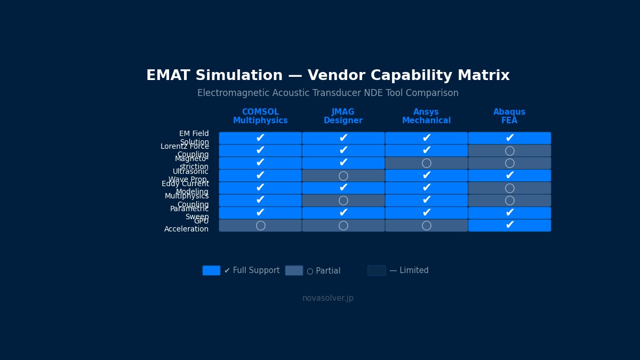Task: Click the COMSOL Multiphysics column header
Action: point(260,116)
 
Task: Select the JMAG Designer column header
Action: point(343,116)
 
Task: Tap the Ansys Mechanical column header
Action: point(426,116)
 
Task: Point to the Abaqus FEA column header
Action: point(509,116)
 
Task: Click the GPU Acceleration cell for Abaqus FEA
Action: point(509,226)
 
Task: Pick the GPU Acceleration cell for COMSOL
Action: point(260,226)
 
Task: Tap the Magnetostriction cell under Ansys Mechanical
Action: point(426,163)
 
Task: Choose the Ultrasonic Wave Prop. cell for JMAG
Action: point(343,175)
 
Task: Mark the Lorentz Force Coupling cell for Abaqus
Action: point(509,151)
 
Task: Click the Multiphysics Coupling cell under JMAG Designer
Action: point(343,201)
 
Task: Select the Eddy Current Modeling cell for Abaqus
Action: point(509,188)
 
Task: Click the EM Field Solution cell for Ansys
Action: point(426,138)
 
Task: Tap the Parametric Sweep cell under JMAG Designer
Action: point(343,213)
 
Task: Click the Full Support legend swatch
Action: point(211,270)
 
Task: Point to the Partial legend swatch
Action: point(294,270)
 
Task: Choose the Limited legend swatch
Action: point(377,270)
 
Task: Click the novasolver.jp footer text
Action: point(328,298)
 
